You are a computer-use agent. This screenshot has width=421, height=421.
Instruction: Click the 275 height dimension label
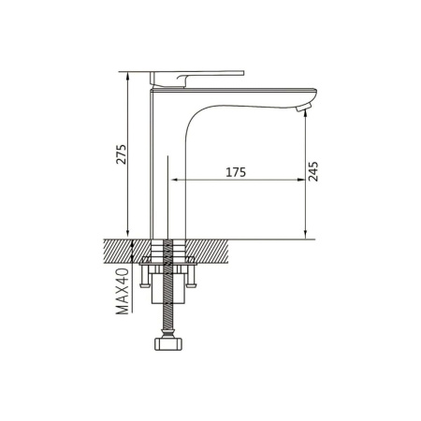tap(121, 154)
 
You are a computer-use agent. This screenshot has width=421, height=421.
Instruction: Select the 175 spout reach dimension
tap(236, 172)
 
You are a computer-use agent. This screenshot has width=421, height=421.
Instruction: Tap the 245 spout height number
tap(312, 171)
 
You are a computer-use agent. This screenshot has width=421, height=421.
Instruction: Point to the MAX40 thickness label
tap(122, 291)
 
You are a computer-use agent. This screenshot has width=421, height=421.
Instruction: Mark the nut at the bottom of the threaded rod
tap(167, 343)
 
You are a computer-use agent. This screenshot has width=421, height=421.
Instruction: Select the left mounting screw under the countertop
tap(144, 275)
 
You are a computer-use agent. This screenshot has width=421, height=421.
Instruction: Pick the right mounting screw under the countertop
tap(191, 275)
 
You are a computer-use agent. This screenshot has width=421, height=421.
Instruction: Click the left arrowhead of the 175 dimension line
tap(174, 180)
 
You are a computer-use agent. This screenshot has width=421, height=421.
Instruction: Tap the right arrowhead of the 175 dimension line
tap(301, 180)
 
